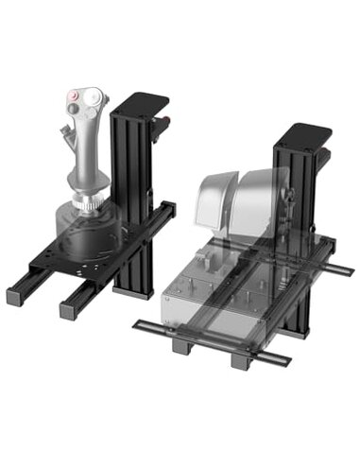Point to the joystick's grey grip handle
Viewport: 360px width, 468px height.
[88, 151]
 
